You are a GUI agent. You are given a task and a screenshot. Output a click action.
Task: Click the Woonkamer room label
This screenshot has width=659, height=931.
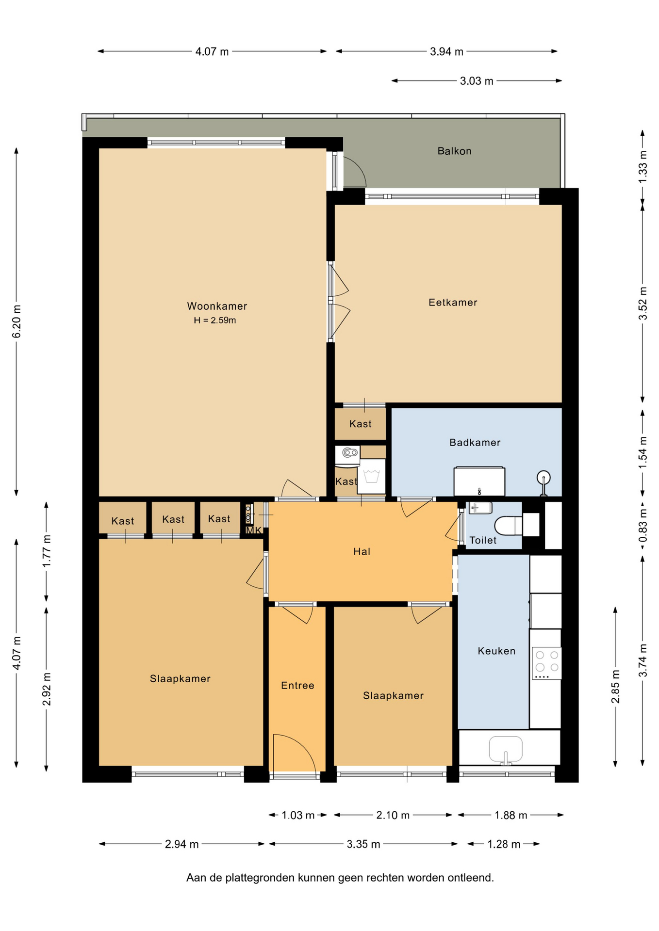click(217, 306)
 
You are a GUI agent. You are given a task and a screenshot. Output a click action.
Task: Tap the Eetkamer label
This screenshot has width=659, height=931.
click(453, 303)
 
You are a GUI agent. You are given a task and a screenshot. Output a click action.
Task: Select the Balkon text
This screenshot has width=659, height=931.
click(454, 151)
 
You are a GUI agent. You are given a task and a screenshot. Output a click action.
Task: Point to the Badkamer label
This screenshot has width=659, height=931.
click(475, 442)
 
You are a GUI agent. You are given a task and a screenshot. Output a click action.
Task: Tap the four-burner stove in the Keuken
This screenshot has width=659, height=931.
click(546, 663)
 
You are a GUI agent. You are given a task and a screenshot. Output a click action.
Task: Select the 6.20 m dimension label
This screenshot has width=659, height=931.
click(16, 321)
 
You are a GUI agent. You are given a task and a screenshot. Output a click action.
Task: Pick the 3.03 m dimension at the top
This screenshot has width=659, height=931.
click(477, 81)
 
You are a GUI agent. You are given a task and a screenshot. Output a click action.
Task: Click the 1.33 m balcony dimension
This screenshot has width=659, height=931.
click(643, 167)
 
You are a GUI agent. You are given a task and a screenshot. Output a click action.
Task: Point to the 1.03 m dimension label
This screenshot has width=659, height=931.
click(298, 815)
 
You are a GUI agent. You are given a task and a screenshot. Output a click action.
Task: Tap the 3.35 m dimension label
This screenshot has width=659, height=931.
click(363, 844)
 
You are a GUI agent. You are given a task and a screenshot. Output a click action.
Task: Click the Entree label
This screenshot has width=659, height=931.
click(297, 685)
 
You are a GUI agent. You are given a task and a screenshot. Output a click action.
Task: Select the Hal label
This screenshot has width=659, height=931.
click(362, 551)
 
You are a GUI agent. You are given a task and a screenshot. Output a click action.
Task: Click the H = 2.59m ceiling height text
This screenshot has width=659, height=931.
click(215, 320)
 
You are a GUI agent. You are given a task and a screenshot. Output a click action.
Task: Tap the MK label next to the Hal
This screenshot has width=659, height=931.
click(254, 530)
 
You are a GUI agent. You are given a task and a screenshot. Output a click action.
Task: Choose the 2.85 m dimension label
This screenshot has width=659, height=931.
click(615, 687)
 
